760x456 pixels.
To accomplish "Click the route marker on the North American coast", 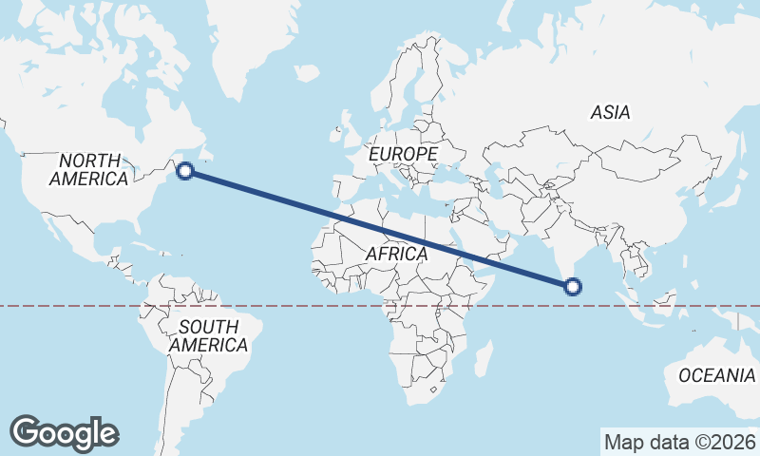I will [x=185, y=171].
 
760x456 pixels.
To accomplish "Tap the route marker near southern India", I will [x=572, y=286].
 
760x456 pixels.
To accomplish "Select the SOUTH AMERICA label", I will [x=209, y=335].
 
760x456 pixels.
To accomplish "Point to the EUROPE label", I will [x=403, y=153].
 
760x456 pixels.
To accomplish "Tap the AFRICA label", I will [x=396, y=254].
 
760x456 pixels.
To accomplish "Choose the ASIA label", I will [x=610, y=112].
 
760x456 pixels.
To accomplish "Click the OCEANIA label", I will [x=716, y=375].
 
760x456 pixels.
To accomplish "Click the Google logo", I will [x=65, y=433].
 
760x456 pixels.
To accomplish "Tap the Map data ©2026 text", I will [x=679, y=442].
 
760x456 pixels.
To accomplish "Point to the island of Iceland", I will [x=306, y=72].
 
